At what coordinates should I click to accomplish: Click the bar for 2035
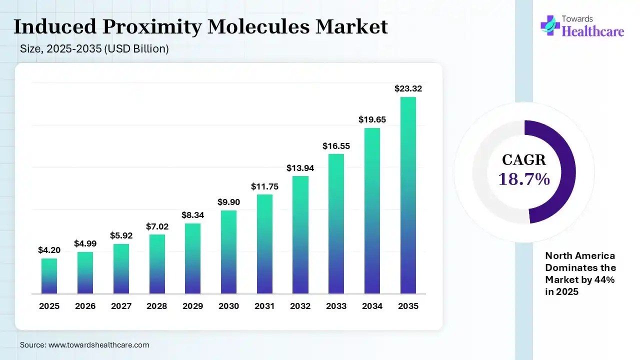pyautogui.click(x=408, y=195)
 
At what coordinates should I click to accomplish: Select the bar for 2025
pyautogui.click(x=49, y=275)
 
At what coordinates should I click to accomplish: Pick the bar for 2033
pyautogui.click(x=336, y=223)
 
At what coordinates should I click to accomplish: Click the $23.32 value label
pyautogui.click(x=408, y=88)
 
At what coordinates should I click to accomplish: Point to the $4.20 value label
pyautogui.click(x=49, y=250)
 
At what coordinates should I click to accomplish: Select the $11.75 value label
pyautogui.click(x=264, y=186)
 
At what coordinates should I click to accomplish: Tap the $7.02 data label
pyautogui.click(x=156, y=226)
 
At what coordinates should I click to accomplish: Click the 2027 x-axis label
pyautogui.click(x=121, y=306)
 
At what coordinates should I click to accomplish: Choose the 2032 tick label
pyautogui.click(x=300, y=306)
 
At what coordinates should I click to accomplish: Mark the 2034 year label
pyautogui.click(x=372, y=306)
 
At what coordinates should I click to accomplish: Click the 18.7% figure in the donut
pyautogui.click(x=524, y=178)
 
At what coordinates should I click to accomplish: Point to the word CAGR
pyautogui.click(x=524, y=160)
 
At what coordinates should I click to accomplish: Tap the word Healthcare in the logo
pyautogui.click(x=593, y=31)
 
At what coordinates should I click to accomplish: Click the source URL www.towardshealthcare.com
pyautogui.click(x=98, y=345)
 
